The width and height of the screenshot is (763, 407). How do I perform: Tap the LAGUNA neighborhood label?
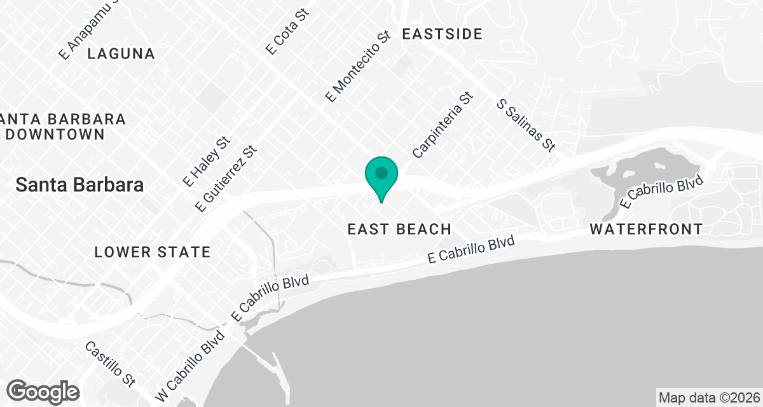pyautogui.click(x=121, y=54)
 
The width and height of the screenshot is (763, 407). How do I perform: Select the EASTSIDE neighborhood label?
pyautogui.click(x=443, y=34)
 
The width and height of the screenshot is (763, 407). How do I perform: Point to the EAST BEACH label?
pyautogui.click(x=399, y=229)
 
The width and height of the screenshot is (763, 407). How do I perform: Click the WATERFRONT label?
pyautogui.click(x=646, y=229)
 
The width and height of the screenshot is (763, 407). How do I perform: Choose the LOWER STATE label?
pyautogui.click(x=152, y=252)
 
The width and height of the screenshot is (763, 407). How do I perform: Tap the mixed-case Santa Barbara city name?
pyautogui.click(x=79, y=186)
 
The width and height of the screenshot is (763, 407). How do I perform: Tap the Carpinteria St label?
pyautogui.click(x=443, y=125)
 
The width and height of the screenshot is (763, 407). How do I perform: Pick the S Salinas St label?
pyautogui.click(x=526, y=125)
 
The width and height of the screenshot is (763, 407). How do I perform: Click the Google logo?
pyautogui.click(x=44, y=391)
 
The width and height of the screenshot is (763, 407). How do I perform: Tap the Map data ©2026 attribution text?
pyautogui.click(x=708, y=397)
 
